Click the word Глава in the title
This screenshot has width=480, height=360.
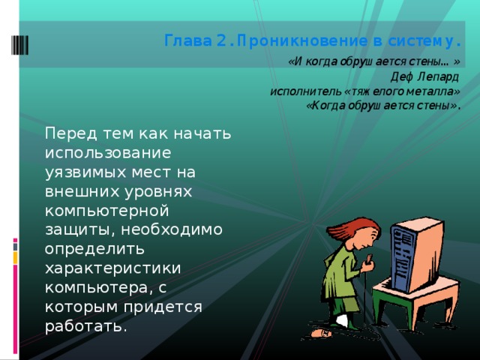[x=183, y=40]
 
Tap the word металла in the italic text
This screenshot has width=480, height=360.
[x=431, y=91]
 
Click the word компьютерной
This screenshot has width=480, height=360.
[x=100, y=211]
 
